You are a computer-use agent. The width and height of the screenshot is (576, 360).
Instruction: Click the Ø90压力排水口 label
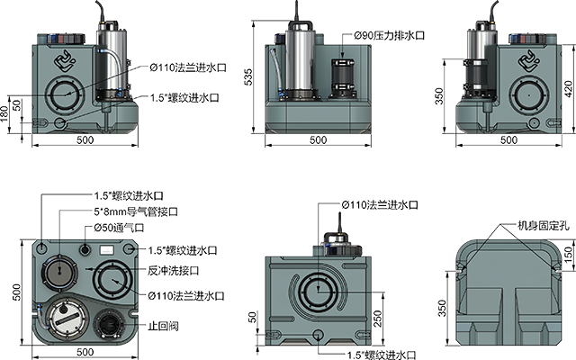pos(390,35)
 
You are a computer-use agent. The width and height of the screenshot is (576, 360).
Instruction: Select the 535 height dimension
pos(248,76)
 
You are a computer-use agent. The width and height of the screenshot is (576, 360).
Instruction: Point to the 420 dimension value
pos(568,89)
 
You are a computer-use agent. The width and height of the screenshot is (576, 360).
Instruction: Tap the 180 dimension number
pos(4,114)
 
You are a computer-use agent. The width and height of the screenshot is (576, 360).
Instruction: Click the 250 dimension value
pos(378,319)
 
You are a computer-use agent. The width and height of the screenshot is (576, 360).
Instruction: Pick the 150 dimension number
pos(568,254)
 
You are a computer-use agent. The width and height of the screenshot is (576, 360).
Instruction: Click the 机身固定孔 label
pos(544,226)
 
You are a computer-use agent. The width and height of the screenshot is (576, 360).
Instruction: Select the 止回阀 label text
pos(163,326)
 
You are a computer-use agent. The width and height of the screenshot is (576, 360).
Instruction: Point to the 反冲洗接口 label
pos(173,270)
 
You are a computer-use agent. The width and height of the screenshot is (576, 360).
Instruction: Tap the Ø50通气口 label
pos(119,228)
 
